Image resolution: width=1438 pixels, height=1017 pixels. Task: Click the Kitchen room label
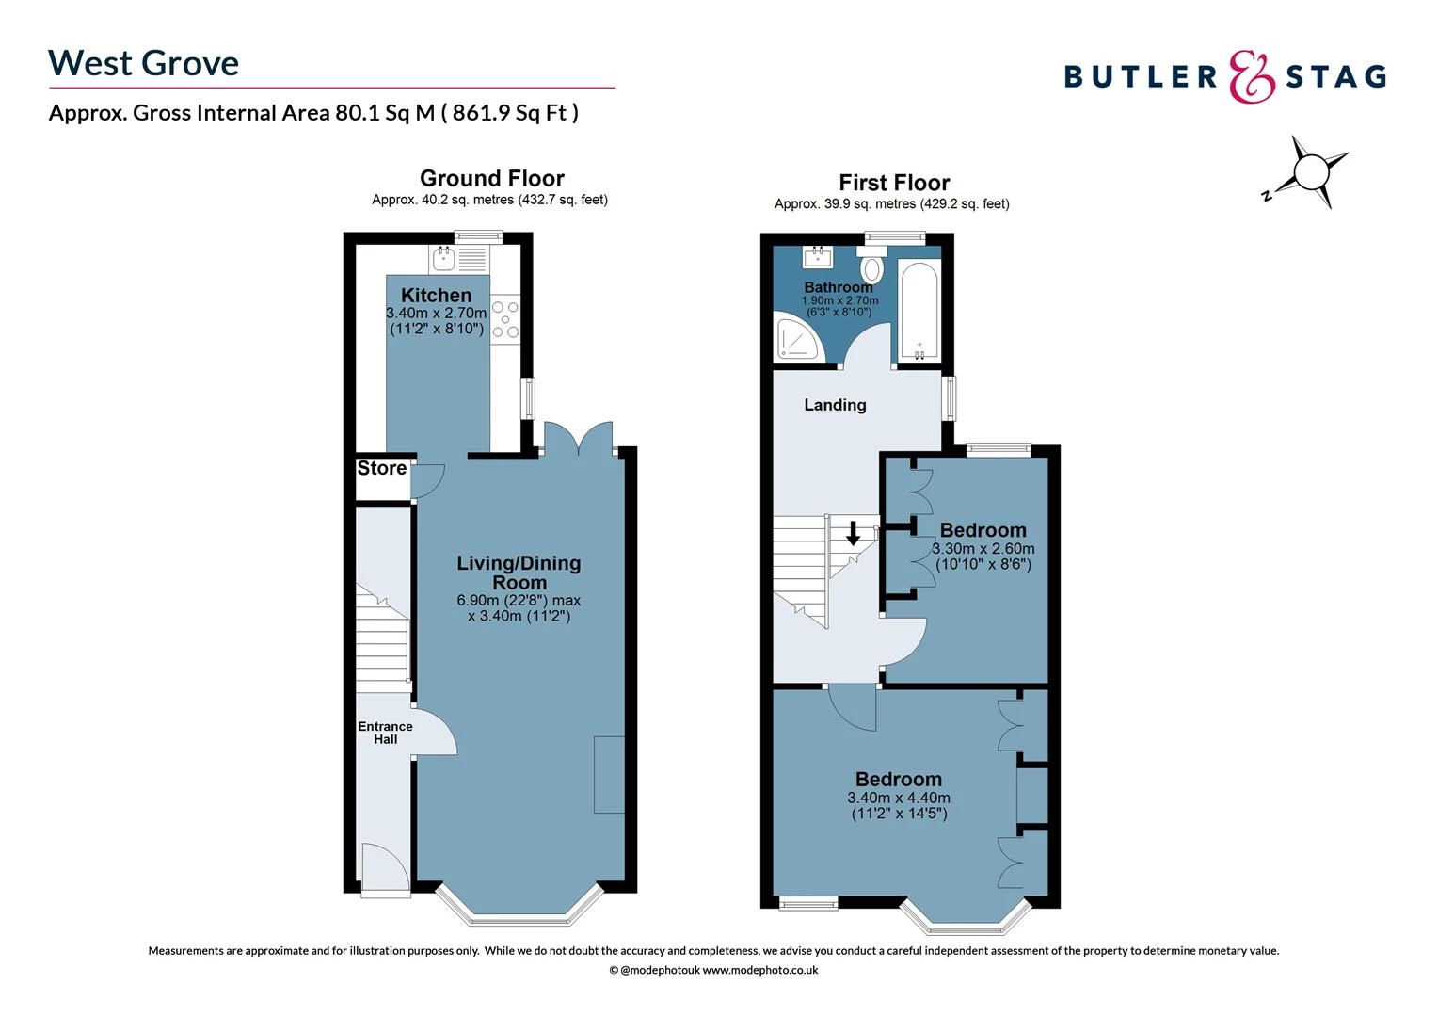pyautogui.click(x=436, y=296)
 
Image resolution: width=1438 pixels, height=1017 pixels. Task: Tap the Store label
pyautogui.click(x=382, y=468)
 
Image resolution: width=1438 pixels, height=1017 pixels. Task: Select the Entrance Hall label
pyautogui.click(x=385, y=733)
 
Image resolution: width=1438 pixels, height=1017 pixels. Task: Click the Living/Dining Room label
pyautogui.click(x=519, y=573)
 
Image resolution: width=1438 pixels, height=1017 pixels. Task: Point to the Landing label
pyautogui.click(x=835, y=405)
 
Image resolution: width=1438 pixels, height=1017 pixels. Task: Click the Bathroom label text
pyautogui.click(x=838, y=287)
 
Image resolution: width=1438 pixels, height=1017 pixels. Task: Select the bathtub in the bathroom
pyautogui.click(x=918, y=311)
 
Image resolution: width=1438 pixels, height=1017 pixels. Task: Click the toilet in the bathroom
pyautogui.click(x=872, y=267)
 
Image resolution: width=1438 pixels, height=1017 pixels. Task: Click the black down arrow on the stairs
pyautogui.click(x=853, y=534)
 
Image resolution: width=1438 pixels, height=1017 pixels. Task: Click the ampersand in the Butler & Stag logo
pyautogui.click(x=1253, y=76)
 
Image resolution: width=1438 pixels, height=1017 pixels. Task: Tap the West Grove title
pyautogui.click(x=144, y=63)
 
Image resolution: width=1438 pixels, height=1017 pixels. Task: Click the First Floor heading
pyautogui.click(x=894, y=183)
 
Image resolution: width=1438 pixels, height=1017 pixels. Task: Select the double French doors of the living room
pyautogui.click(x=579, y=438)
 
